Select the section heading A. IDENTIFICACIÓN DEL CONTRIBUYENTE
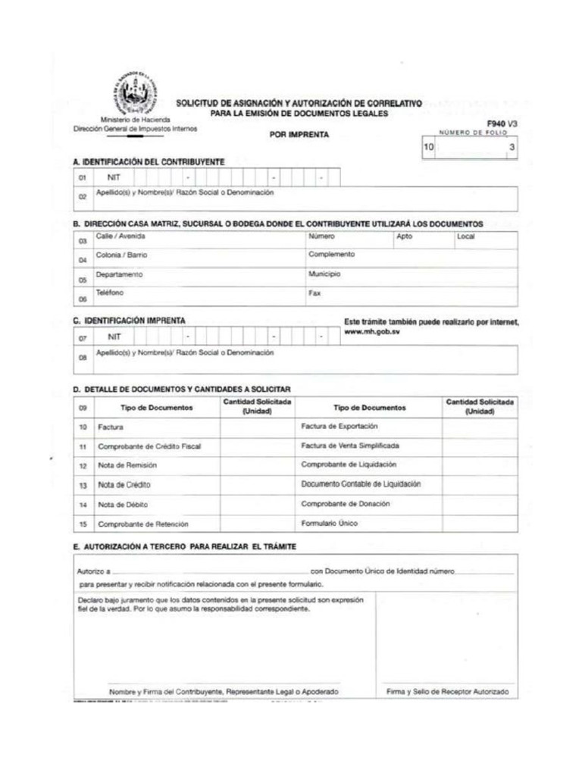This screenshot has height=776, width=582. pyautogui.click(x=149, y=162)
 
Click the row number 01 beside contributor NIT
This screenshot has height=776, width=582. pyautogui.click(x=82, y=178)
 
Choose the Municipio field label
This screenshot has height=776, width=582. pyautogui.click(x=324, y=274)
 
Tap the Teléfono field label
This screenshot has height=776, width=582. pyautogui.click(x=109, y=292)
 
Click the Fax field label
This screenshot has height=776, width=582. pyautogui.click(x=314, y=293)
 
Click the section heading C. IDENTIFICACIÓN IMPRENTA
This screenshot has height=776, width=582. pyautogui.click(x=129, y=321)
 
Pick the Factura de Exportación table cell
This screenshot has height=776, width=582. pyautogui.click(x=339, y=427)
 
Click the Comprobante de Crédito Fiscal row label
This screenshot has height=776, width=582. pyautogui.click(x=149, y=446)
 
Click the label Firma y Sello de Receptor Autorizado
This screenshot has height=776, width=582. pyautogui.click(x=447, y=692)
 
